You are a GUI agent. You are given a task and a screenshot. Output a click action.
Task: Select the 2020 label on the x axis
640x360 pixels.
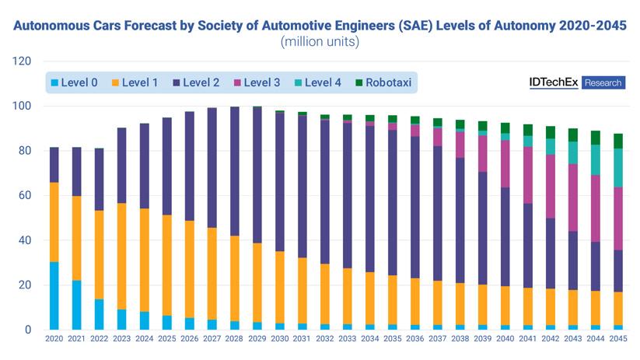pyautogui.click(x=54, y=340)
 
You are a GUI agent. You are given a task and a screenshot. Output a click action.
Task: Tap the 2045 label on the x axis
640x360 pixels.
pyautogui.click(x=618, y=340)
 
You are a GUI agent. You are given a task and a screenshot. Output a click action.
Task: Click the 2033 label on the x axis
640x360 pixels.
pyautogui.click(x=348, y=340)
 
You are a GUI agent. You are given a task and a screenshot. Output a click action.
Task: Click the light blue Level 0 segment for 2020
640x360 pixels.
pyautogui.click(x=54, y=295)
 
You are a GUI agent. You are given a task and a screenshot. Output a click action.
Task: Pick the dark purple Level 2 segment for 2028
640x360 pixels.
pyautogui.click(x=235, y=171)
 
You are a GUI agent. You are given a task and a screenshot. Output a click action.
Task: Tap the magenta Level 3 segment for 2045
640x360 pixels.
pyautogui.click(x=618, y=218)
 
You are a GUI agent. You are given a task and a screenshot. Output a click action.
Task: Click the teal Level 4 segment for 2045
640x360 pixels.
pyautogui.click(x=618, y=168)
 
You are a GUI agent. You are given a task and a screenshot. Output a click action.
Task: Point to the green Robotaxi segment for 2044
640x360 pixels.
pyautogui.click(x=596, y=138)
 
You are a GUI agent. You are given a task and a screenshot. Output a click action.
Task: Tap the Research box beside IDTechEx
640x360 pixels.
pyautogui.click(x=603, y=82)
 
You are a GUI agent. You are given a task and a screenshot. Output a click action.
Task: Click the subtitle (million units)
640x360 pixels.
pyautogui.click(x=320, y=42)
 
